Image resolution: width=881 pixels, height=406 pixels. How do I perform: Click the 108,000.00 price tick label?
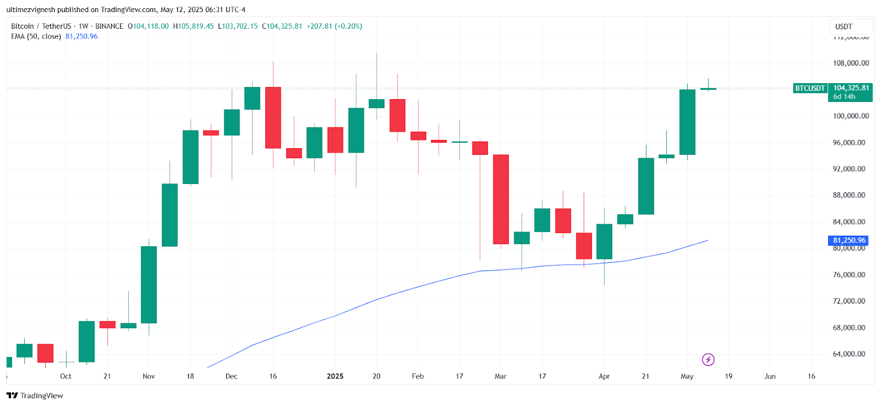[850, 63]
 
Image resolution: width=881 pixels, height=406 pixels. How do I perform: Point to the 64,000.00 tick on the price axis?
[849, 354]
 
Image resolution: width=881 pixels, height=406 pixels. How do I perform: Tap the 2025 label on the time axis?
[335, 376]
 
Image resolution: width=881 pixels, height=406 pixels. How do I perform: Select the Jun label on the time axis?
[770, 376]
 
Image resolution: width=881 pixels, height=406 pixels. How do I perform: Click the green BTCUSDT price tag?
[809, 88]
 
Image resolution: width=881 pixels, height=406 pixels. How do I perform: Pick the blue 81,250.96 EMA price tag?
[848, 241]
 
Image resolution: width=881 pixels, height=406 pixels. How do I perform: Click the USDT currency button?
[844, 26]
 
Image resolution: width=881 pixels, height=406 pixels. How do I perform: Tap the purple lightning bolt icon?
[708, 360]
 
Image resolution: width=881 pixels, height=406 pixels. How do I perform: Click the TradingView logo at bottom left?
[35, 396]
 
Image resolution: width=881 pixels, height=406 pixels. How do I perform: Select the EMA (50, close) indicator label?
[36, 36]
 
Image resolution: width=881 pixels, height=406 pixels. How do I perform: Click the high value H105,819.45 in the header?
[193, 26]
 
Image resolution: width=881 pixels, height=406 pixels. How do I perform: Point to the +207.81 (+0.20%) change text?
[334, 26]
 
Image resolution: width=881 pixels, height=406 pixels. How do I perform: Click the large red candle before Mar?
[501, 199]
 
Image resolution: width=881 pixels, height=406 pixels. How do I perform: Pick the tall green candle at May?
[687, 122]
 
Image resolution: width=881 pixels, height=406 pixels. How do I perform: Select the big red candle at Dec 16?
[273, 117]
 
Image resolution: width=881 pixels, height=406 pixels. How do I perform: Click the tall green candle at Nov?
[149, 284]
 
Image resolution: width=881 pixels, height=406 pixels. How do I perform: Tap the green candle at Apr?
[604, 241]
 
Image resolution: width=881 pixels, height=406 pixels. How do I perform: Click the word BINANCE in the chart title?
[109, 26]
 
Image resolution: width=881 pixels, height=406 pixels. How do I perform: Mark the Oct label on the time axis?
[66, 376]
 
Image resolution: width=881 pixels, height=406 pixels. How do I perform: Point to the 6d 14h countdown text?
[844, 97]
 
